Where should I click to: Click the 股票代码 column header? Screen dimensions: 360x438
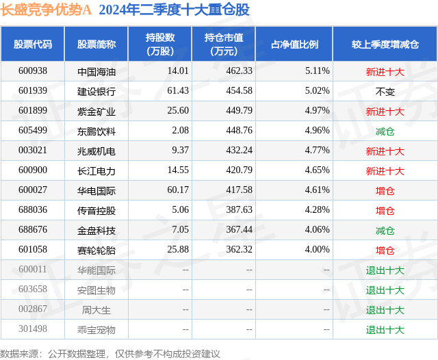pos(33,44)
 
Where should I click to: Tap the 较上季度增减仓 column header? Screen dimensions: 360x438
pos(385,44)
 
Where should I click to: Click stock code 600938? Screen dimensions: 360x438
pos(33,71)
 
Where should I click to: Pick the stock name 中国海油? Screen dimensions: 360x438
pos(96,71)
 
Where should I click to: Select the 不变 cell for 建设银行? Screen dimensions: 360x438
pos(385,91)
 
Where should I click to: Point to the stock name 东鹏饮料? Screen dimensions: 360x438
pos(96,131)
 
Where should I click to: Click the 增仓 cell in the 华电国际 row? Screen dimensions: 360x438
pos(385,190)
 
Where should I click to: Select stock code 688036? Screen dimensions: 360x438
pos(33,210)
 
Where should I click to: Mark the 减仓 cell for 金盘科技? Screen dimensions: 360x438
pos(385,231)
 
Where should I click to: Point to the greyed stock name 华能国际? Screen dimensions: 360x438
pos(96,270)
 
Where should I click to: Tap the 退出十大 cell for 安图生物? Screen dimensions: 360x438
pos(385,290)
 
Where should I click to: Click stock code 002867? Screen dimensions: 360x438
pos(33,310)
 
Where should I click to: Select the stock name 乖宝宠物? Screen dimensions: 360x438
pos(96,330)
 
